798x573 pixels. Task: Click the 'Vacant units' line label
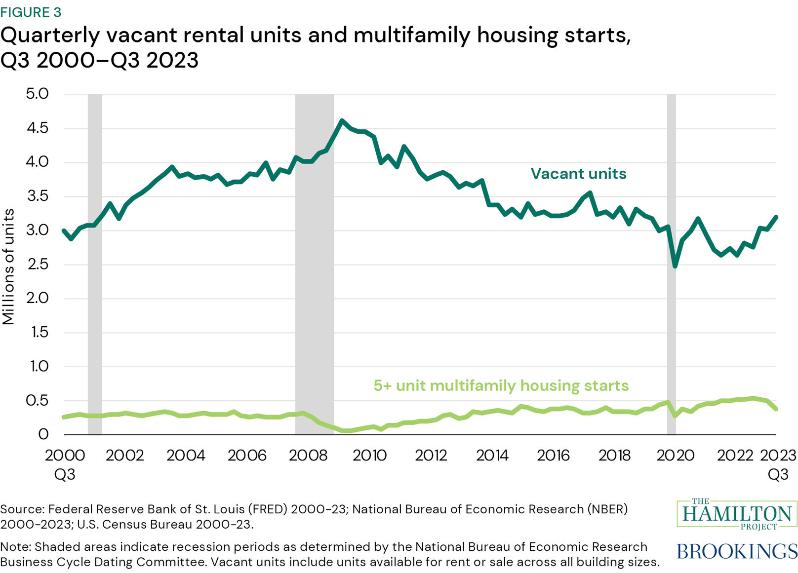578,174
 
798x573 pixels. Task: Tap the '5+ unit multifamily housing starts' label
501,385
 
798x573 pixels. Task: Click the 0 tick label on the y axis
43,434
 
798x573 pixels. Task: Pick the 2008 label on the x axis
308,455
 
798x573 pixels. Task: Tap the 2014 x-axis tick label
492,455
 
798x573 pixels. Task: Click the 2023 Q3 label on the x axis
778,464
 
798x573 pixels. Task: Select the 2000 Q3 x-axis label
64,464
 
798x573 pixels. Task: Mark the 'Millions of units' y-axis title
8,267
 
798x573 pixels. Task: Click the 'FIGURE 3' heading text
31,12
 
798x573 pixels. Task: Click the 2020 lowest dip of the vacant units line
675,266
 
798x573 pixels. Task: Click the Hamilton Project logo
737,514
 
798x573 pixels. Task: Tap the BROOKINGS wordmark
737,551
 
